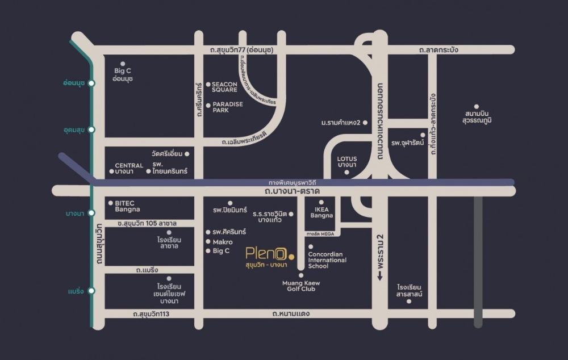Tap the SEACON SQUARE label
[224, 87]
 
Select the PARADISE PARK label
[228, 107]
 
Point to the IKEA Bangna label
[321, 212]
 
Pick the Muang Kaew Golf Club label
[301, 286]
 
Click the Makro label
[222, 241]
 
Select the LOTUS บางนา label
[346, 162]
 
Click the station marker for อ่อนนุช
[91, 83]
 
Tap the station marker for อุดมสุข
[91, 130]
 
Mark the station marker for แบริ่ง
[91, 291]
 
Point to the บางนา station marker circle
[91, 213]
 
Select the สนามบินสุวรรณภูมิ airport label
[477, 117]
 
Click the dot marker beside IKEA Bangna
[321, 202]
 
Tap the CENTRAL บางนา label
[129, 169]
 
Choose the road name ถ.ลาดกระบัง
[438, 50]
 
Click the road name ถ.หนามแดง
[291, 313]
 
